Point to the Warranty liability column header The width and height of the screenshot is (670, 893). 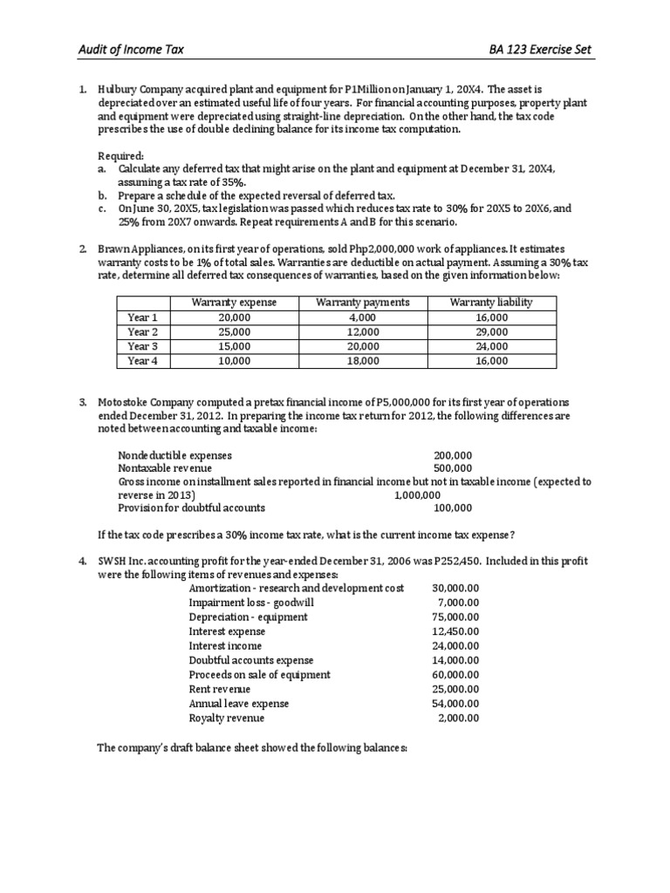point(491,303)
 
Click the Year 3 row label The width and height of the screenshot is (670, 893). point(142,346)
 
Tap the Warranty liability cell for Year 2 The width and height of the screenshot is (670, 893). point(491,332)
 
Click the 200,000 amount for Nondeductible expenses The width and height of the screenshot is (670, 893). point(453,455)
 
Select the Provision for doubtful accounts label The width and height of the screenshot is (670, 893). point(191,508)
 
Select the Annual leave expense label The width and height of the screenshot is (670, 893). point(239,704)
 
